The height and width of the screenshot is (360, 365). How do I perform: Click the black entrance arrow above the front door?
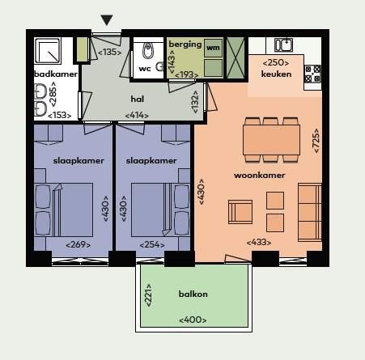[107, 20]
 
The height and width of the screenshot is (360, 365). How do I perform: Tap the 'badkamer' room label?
[56, 74]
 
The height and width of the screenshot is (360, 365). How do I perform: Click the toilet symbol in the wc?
[148, 51]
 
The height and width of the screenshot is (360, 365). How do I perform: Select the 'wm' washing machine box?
[213, 48]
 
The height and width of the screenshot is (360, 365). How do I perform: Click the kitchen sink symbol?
[283, 44]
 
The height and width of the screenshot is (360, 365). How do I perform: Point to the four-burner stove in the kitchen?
[312, 74]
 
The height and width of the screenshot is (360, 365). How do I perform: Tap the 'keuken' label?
[276, 74]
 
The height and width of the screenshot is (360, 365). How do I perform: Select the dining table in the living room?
[271, 140]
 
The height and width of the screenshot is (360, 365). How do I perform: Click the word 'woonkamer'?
[259, 176]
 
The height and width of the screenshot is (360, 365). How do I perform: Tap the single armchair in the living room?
[240, 212]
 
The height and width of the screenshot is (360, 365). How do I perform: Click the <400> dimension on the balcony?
[193, 320]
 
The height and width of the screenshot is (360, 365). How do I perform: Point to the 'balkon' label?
[193, 294]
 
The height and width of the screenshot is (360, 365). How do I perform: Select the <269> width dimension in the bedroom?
[78, 245]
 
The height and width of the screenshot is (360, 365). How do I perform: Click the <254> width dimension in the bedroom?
[152, 245]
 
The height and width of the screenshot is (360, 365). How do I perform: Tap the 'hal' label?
[138, 99]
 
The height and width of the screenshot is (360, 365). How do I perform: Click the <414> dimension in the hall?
[137, 116]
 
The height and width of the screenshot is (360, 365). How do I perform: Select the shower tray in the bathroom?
[48, 51]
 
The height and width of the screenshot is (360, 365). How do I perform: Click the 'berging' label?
[185, 44]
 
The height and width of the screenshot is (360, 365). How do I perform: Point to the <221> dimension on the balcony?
[148, 295]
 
